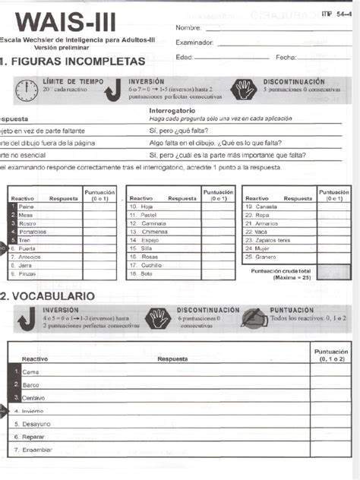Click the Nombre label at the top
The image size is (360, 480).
[x=189, y=28]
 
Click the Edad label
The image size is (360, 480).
[x=185, y=57]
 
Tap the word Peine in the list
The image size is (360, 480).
[x=26, y=207]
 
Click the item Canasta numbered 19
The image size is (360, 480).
[x=267, y=207]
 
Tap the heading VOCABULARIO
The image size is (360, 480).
[x=53, y=295]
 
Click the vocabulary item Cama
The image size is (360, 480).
[x=30, y=372]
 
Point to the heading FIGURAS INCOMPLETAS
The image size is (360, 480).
[x=73, y=60]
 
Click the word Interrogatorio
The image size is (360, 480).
[x=178, y=111]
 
